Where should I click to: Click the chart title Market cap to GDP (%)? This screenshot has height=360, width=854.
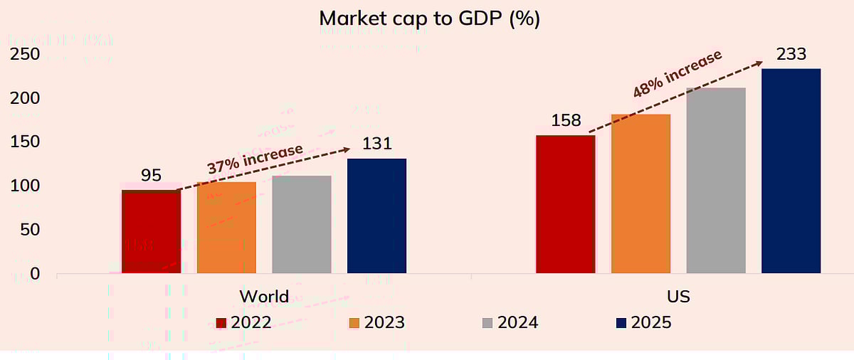pyautogui.click(x=429, y=19)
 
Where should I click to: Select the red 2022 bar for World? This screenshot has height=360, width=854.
pyautogui.click(x=151, y=232)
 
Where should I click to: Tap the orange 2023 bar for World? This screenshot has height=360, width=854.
pyautogui.click(x=226, y=228)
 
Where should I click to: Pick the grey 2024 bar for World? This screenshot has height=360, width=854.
pyautogui.click(x=302, y=225)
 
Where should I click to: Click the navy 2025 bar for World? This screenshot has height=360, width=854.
pyautogui.click(x=376, y=216)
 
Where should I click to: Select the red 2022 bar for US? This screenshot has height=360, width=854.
pyautogui.click(x=565, y=204)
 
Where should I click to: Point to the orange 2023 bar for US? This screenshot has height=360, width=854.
pyautogui.click(x=640, y=194)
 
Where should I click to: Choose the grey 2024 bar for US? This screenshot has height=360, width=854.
pyautogui.click(x=716, y=181)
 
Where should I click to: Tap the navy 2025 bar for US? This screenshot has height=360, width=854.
pyautogui.click(x=791, y=171)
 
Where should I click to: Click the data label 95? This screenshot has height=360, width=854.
pyautogui.click(x=151, y=175)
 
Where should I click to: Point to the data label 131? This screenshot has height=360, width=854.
pyautogui.click(x=377, y=144)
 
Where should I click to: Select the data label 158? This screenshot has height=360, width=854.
pyautogui.click(x=566, y=120)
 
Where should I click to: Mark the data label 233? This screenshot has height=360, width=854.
pyautogui.click(x=791, y=54)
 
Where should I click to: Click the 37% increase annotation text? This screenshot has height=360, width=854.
pyautogui.click(x=255, y=158)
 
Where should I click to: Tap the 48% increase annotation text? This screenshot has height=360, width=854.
pyautogui.click(x=678, y=73)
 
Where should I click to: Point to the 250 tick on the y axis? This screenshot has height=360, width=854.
pyautogui.click(x=25, y=55)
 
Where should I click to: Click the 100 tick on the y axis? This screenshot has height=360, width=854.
pyautogui.click(x=25, y=186)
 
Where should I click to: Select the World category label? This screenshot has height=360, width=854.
pyautogui.click(x=264, y=296)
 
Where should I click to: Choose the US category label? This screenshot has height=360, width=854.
pyautogui.click(x=678, y=296)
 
